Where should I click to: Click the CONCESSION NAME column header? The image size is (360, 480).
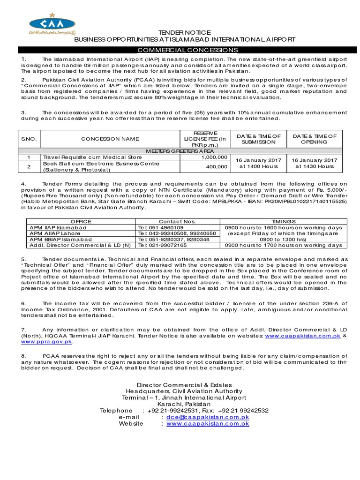pos(110,139)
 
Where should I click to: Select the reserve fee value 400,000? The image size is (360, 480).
pos(217,166)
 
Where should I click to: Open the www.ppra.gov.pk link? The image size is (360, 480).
pos(46,342)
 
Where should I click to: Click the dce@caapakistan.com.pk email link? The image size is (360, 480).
pos(208,417)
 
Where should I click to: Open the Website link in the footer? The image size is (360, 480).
pos(208,423)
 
